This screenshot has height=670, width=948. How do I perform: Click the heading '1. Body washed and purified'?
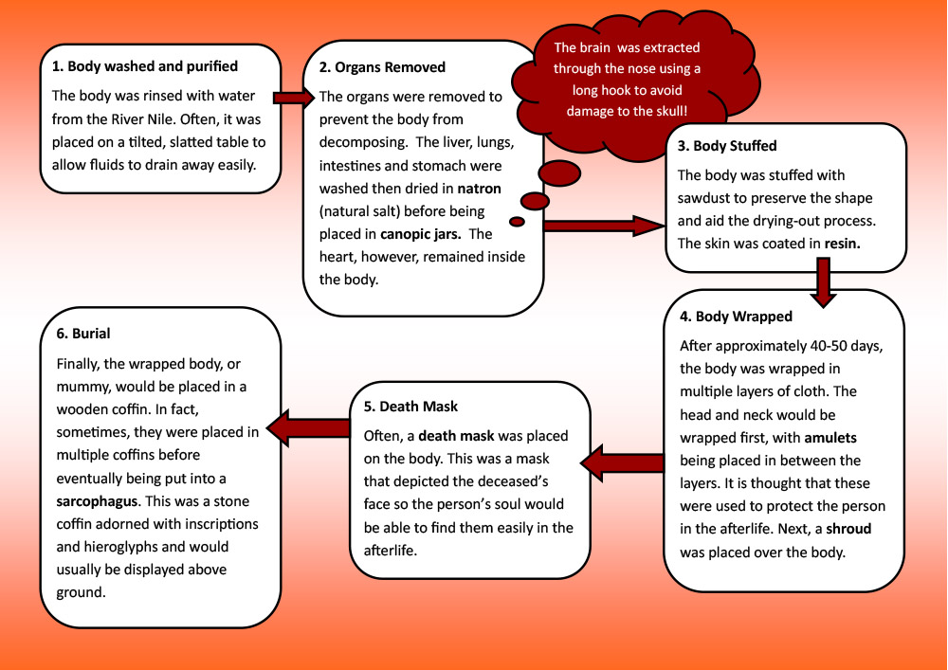tap(144, 66)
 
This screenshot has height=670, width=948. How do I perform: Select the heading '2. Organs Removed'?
tap(382, 67)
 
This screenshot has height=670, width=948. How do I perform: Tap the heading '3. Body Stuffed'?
tap(727, 146)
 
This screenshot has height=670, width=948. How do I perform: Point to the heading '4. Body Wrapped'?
tap(736, 317)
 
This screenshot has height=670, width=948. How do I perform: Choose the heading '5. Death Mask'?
tap(410, 407)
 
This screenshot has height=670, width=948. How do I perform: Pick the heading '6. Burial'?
tap(83, 334)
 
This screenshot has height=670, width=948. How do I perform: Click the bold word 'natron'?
tap(479, 189)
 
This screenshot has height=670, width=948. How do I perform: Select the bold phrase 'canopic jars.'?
tap(420, 234)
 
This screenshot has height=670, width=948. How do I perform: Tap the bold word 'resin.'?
tap(842, 244)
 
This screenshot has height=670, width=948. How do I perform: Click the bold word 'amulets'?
tap(830, 438)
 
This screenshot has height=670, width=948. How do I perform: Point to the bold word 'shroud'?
tap(848, 529)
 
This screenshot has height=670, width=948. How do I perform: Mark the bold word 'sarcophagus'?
tap(98, 501)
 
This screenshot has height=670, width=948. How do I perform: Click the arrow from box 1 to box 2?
tap(295, 98)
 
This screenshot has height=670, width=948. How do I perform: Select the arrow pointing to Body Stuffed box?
tap(604, 226)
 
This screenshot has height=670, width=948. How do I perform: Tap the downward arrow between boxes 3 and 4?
tap(823, 281)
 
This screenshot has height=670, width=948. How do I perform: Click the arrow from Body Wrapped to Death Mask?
tap(622, 462)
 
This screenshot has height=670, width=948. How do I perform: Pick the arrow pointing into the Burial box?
tap(308, 428)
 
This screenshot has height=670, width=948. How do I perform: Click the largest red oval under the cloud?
tap(559, 173)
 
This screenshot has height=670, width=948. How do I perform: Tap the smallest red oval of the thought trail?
tap(517, 222)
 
